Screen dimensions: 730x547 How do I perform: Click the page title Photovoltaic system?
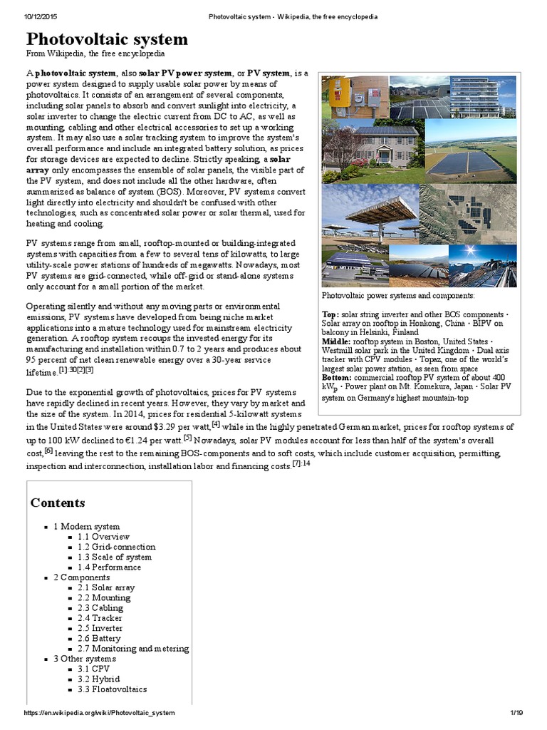108,38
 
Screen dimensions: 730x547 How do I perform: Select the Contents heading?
58,503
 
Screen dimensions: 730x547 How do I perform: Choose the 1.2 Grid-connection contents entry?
117,547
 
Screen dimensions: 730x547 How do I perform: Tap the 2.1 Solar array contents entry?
106,587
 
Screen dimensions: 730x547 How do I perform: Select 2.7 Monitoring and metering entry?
133,649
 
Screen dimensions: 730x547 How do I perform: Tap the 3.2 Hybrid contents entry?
99,679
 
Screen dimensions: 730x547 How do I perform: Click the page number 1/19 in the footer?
516,713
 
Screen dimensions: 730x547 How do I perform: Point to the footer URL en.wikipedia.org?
100,713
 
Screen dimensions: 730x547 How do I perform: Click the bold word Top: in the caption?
330,314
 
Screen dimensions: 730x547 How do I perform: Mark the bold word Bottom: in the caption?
338,377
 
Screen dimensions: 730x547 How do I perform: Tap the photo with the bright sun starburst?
491,264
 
